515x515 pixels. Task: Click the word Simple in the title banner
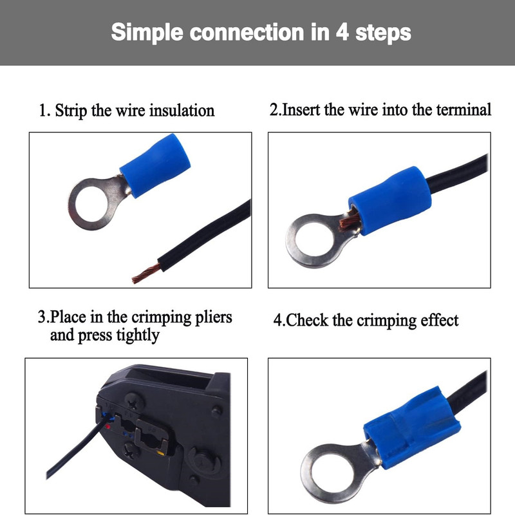[x=147, y=33]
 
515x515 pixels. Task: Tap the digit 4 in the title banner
[x=342, y=32]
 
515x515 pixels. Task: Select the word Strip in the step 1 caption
[x=71, y=111]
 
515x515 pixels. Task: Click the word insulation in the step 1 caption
[x=182, y=110]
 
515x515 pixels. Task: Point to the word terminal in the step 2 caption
[x=464, y=109]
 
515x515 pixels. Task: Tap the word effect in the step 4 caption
[x=440, y=320]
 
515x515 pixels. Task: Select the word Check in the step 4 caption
[x=307, y=320]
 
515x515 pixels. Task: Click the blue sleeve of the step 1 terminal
[x=155, y=165]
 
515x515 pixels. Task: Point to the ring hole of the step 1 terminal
[x=90, y=203]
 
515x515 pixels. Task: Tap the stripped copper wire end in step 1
[x=146, y=274]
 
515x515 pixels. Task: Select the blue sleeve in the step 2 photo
[x=390, y=201]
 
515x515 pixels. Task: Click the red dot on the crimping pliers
[x=108, y=427]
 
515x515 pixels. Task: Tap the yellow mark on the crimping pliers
[x=160, y=453]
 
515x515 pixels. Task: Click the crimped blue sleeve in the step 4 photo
[x=412, y=427]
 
